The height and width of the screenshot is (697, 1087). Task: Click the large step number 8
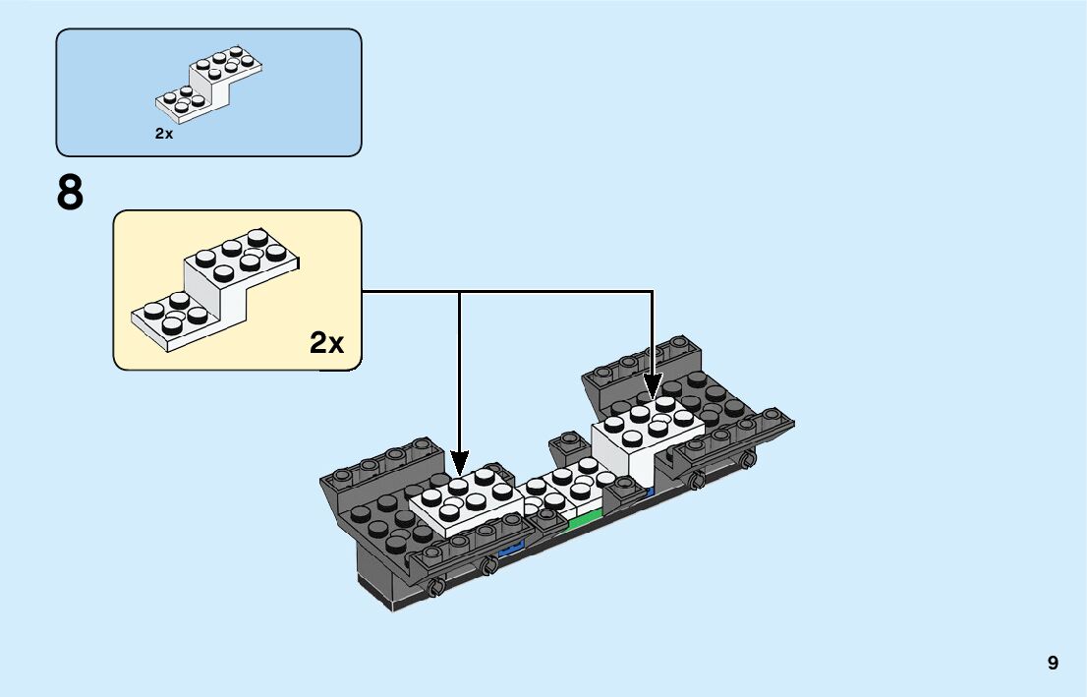[71, 194]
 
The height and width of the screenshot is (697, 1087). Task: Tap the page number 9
[1053, 663]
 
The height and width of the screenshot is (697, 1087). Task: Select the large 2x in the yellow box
[327, 342]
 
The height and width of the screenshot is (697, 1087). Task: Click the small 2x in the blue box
[164, 134]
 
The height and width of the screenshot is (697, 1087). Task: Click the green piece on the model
[587, 518]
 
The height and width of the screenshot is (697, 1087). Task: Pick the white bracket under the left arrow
[467, 502]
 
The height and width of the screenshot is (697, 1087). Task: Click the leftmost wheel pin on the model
[434, 587]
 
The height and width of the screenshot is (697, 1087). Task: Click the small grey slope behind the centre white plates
[570, 448]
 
